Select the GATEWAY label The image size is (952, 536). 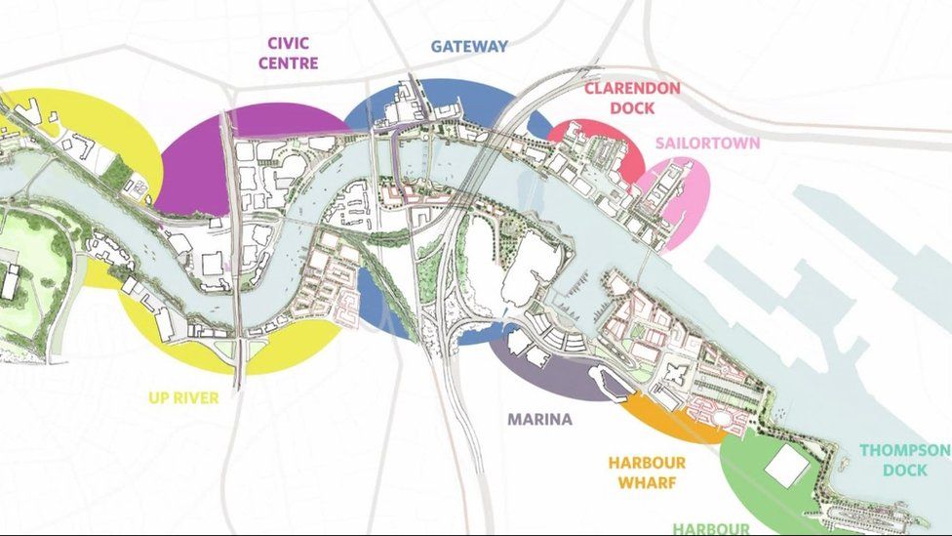pyautogui.click(x=469, y=46)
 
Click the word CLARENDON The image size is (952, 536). pyautogui.click(x=632, y=88)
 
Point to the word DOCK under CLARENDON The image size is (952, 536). pyautogui.click(x=632, y=108)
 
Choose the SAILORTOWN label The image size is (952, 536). pyautogui.click(x=707, y=143)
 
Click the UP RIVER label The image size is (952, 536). pyautogui.click(x=183, y=397)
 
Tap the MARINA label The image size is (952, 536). pyautogui.click(x=539, y=420)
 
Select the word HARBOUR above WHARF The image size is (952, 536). pyautogui.click(x=647, y=462)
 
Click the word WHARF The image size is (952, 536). pyautogui.click(x=647, y=482)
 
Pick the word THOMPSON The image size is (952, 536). pyautogui.click(x=905, y=450)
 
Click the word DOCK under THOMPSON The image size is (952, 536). pyautogui.click(x=905, y=471)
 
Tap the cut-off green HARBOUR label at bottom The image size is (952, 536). pyautogui.click(x=710, y=528)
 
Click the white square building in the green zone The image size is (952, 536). pyautogui.click(x=786, y=467)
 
